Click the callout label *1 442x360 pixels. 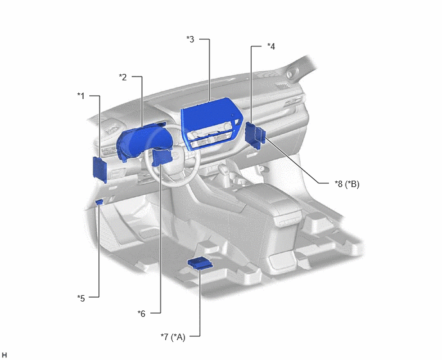click(x=81, y=96)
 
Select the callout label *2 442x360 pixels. click(x=123, y=77)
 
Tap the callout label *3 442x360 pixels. click(x=191, y=39)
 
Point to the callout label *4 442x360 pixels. click(x=271, y=46)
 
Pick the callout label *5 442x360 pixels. click(x=81, y=298)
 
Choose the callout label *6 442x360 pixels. click(x=141, y=313)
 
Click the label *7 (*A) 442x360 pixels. click(x=173, y=337)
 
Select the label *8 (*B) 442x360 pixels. click(x=347, y=184)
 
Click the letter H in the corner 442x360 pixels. click(x=4, y=355)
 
